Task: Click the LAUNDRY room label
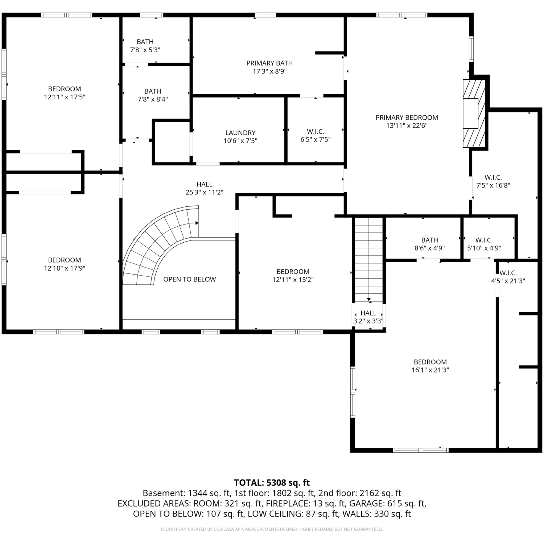(240, 133)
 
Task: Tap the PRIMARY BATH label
(269, 63)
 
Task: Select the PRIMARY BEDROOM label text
(407, 118)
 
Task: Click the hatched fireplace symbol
(474, 113)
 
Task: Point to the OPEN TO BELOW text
(189, 279)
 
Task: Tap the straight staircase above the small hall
(368, 259)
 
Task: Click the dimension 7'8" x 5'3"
(145, 50)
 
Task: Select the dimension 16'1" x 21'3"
(430, 370)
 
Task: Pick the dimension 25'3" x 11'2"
(204, 192)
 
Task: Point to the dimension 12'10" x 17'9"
(65, 268)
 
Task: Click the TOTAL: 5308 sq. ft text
(272, 483)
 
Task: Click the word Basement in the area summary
(163, 493)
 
